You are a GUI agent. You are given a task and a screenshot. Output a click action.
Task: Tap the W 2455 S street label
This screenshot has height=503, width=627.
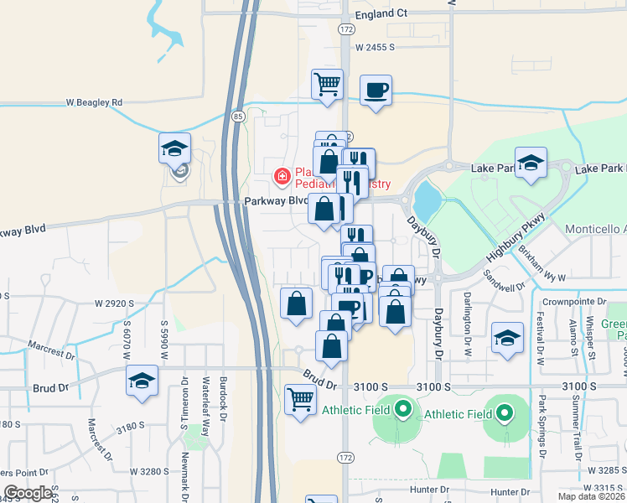[x=374, y=48]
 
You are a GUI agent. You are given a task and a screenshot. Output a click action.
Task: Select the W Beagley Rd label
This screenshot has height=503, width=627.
[x=94, y=102]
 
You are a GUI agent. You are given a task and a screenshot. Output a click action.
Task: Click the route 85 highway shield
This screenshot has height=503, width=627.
[x=239, y=116]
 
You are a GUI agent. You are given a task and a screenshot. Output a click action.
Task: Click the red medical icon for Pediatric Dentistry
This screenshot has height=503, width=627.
[x=282, y=176]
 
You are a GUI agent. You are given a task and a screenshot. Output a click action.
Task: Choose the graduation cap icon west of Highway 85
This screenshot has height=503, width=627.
[x=175, y=149]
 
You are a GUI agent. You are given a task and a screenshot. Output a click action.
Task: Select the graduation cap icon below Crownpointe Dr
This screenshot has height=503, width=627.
[x=507, y=338]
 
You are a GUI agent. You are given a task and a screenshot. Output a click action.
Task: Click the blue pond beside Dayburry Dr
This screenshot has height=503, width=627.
[x=426, y=200]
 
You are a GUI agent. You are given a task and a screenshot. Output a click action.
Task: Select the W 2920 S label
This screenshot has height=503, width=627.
[x=115, y=302]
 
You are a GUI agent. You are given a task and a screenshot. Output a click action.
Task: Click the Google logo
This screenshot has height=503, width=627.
[x=27, y=493]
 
